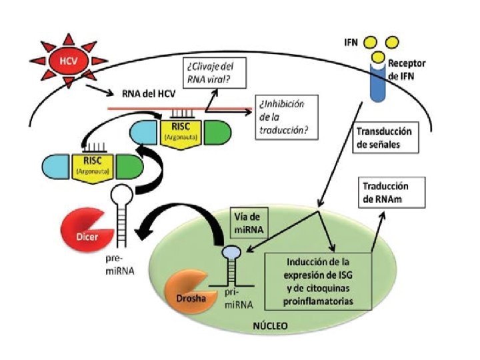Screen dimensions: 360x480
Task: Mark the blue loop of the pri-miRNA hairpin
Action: [230, 252]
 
